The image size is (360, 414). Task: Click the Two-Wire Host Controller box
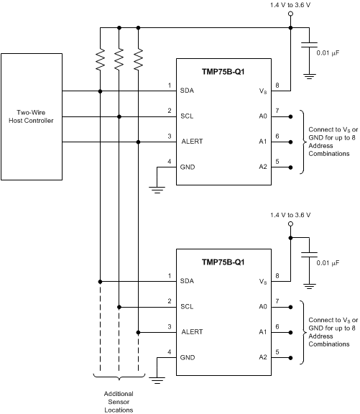click(x=32, y=116)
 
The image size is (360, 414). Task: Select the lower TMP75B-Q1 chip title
click(x=223, y=262)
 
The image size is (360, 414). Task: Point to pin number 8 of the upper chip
click(x=277, y=86)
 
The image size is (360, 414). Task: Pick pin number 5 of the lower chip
click(x=277, y=352)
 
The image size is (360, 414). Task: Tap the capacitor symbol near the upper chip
click(x=310, y=45)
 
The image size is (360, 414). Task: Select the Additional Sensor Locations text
click(x=119, y=400)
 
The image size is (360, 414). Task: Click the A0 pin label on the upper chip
click(x=262, y=116)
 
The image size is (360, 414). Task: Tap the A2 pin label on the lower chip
click(x=262, y=358)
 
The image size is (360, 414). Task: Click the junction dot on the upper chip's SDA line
click(x=100, y=91)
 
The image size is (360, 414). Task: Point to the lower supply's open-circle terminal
click(x=290, y=224)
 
